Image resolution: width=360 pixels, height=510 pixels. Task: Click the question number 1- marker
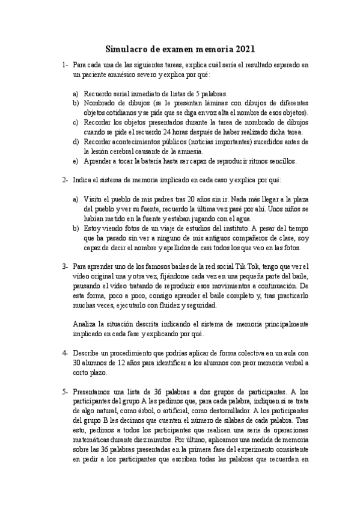[x=64, y=65]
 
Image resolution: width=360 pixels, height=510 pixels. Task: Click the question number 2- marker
[x=64, y=180]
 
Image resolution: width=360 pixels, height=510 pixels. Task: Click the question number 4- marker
[x=64, y=352]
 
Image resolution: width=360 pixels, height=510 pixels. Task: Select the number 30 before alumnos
[x=78, y=363]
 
